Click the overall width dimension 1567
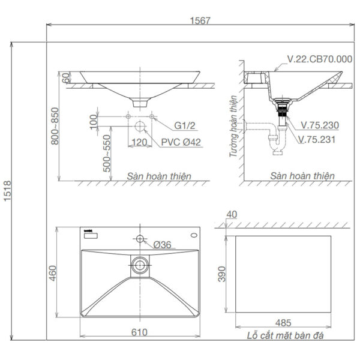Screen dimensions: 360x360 tap(201, 19)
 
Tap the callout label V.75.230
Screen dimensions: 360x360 tap(320, 126)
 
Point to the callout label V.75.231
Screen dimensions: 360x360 tap(320, 139)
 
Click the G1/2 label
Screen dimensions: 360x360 tap(185, 127)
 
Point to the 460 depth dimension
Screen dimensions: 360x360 tap(52, 273)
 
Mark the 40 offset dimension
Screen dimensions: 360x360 tap(233, 214)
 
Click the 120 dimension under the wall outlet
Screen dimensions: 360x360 tap(139, 142)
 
